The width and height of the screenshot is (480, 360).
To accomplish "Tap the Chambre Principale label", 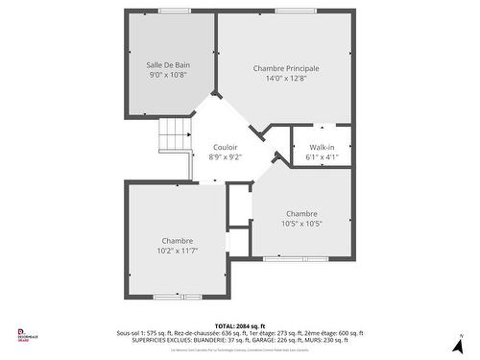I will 286,68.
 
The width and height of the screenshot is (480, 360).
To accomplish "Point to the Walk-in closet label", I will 322,147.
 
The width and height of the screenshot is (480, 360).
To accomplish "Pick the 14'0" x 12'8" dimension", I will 286,80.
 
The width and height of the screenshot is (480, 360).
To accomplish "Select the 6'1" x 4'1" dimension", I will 322,157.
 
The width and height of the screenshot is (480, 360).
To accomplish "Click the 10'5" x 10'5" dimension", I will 301,224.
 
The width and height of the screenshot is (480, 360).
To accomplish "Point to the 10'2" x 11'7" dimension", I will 178,252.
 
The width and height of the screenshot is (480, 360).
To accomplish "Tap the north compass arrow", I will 459,341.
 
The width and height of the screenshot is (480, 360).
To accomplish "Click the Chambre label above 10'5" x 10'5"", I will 301,213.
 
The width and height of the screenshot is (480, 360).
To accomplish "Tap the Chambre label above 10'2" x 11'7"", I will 178,241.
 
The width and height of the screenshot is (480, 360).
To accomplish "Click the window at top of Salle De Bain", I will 173,12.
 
